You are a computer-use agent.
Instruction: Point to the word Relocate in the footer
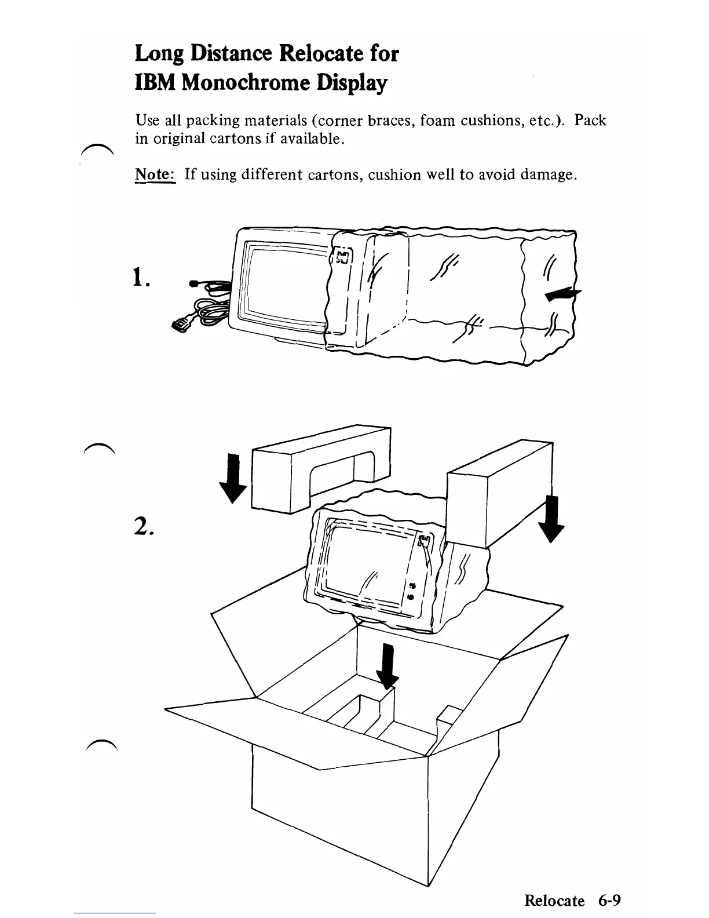point(554,900)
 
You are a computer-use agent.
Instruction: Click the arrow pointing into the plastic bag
point(562,296)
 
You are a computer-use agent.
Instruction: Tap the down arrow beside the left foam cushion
point(233,479)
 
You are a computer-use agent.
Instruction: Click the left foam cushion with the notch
point(319,464)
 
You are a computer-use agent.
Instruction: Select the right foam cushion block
point(498,493)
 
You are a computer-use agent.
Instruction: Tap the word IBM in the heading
point(155,83)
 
